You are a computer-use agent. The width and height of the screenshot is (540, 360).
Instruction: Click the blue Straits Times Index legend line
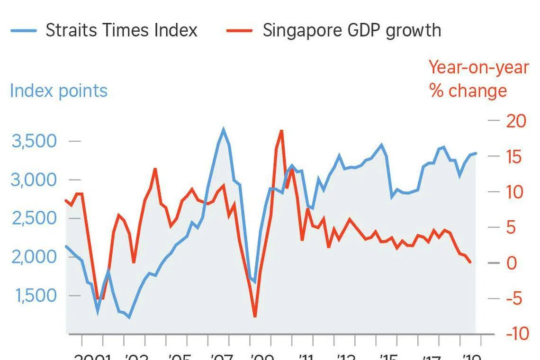(x=23, y=30)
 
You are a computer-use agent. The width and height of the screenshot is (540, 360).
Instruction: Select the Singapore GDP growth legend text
(x=351, y=30)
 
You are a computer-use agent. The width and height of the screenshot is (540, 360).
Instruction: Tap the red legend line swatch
(x=240, y=30)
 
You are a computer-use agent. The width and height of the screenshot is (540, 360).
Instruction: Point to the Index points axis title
(x=59, y=90)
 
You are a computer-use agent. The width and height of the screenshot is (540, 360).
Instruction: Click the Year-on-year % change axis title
(x=478, y=79)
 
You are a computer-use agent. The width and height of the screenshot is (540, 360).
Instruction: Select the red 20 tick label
(x=516, y=121)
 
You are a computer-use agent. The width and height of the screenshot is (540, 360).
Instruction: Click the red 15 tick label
(x=516, y=156)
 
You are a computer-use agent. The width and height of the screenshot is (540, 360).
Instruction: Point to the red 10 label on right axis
(x=516, y=192)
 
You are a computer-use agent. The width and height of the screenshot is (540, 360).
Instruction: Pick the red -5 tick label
(x=516, y=298)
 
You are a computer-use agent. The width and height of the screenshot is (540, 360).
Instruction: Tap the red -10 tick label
(x=516, y=333)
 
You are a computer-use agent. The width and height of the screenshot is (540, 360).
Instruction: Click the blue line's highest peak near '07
(x=224, y=129)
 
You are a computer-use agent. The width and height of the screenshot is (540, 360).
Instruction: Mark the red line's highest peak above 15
(x=281, y=131)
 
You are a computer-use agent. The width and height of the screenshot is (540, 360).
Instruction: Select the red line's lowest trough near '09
(x=255, y=316)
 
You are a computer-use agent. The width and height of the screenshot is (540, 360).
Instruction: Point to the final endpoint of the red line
(x=470, y=262)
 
